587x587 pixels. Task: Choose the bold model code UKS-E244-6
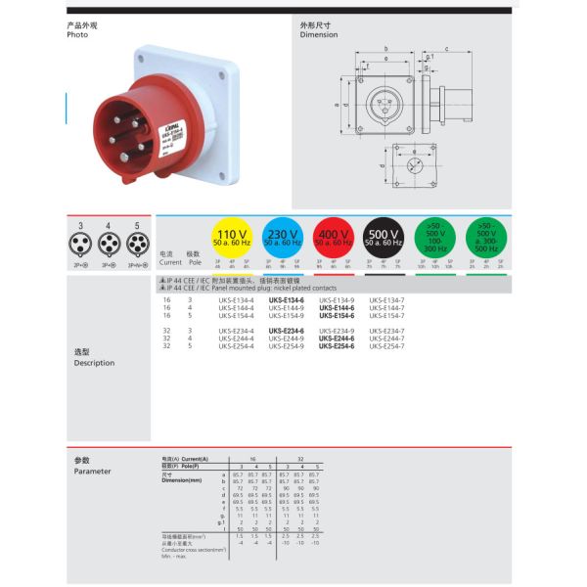tap(337, 339)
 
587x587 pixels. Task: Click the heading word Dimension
tap(319, 34)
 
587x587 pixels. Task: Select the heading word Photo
tap(77, 34)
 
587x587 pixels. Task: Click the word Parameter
tap(92, 472)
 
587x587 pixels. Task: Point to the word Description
tap(94, 363)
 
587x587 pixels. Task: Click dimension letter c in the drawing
tap(446, 49)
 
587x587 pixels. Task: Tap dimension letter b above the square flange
tap(386, 49)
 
